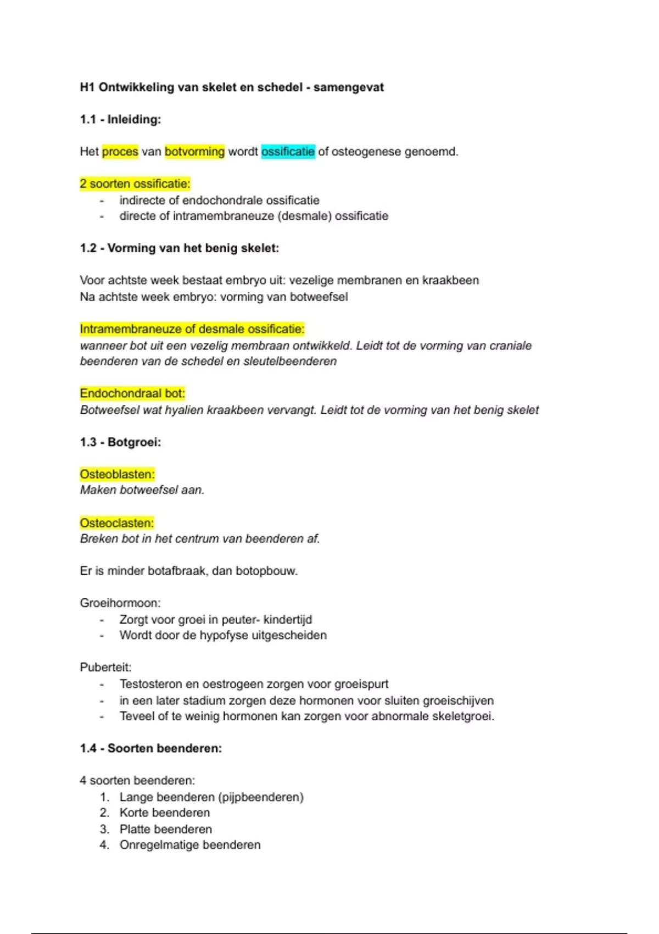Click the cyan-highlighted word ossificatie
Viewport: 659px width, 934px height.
coord(288,152)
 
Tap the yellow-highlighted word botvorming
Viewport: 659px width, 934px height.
coord(194,152)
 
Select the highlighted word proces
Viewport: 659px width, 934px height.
coord(120,152)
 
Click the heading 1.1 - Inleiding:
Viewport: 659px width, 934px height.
coord(120,119)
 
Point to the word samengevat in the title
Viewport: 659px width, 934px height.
coord(349,87)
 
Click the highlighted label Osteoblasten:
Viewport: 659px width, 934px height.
coord(117,474)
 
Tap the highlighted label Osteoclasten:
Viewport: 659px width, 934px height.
coord(116,522)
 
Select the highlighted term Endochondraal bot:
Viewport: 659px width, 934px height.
coord(132,393)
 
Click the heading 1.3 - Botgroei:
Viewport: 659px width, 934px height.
coord(120,442)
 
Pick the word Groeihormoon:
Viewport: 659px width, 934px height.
coord(120,603)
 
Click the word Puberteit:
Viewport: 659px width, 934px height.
coord(105,668)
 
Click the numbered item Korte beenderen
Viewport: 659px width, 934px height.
coord(165,813)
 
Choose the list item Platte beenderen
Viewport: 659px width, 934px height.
coord(165,829)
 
